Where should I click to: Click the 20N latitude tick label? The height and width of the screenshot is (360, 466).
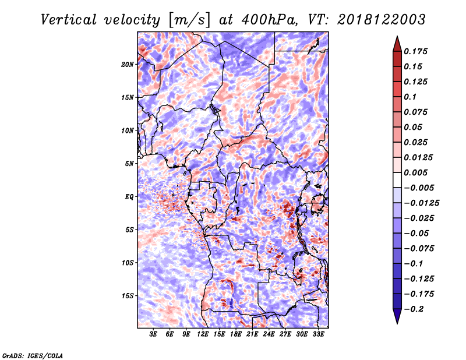[128, 64]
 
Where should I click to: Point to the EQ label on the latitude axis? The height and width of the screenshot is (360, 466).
[129, 196]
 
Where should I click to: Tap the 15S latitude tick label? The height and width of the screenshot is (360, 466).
[128, 296]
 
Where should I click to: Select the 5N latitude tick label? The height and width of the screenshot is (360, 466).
[129, 164]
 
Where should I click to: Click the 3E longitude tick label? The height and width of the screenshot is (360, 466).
[153, 334]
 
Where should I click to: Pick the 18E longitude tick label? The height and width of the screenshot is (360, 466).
[236, 334]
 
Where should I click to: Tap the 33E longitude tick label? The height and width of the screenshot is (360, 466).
[318, 334]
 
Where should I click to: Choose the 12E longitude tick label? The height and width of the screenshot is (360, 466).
[203, 334]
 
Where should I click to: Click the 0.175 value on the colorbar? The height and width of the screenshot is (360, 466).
[415, 51]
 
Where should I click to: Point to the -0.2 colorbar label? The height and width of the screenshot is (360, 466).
[414, 309]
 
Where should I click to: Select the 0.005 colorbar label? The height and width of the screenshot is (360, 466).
[415, 172]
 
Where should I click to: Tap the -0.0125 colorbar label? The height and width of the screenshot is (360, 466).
[421, 203]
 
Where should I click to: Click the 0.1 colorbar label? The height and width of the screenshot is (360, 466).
[410, 97]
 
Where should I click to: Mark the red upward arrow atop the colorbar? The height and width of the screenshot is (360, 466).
[397, 44]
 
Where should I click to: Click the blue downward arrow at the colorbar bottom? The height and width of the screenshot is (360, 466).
[397, 316]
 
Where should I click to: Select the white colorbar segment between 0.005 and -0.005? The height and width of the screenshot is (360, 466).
[397, 180]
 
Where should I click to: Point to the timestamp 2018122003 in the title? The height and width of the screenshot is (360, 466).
[382, 20]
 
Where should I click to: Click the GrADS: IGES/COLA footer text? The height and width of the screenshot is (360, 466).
[33, 355]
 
